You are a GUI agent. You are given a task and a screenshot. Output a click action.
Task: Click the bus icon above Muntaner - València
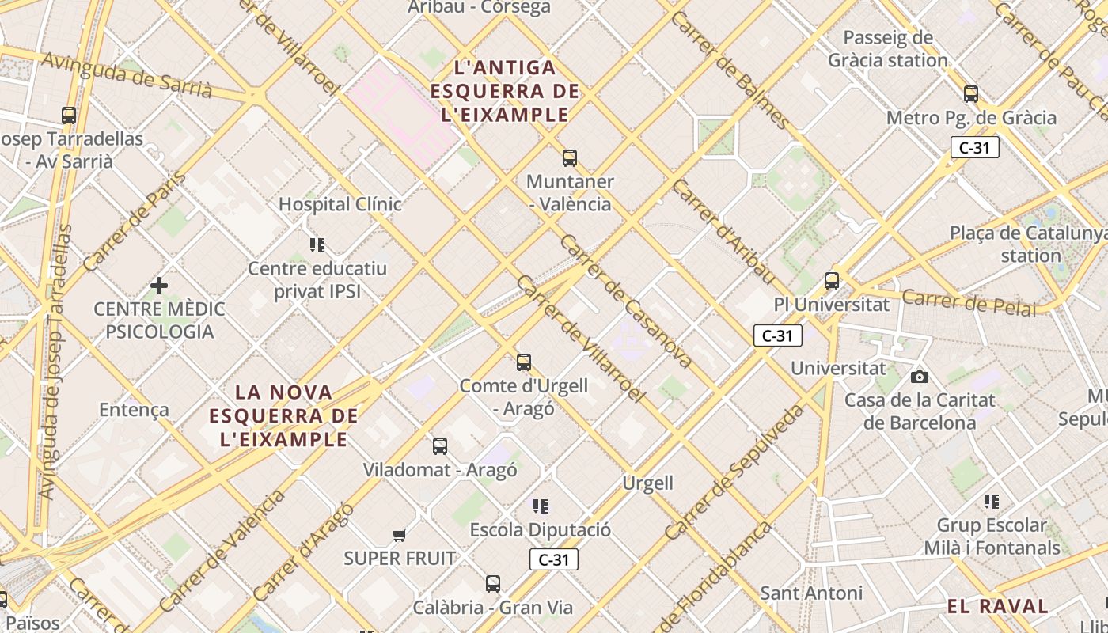pos(569,158)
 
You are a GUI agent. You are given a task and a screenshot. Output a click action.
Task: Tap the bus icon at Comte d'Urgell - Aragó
pos(523,362)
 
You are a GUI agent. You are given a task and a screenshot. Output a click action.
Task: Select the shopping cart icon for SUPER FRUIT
pos(400,536)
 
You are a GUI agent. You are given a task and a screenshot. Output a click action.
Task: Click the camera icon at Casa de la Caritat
pos(919,377)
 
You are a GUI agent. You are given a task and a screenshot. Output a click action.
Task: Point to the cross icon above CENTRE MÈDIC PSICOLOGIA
pos(159,285)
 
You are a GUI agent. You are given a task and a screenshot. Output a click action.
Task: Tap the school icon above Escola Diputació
pos(541,506)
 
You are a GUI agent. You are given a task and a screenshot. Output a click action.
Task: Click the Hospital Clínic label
pos(340,204)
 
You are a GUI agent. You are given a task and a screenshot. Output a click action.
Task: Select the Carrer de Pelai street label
pos(968,303)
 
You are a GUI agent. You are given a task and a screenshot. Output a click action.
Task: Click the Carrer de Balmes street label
pos(729,70)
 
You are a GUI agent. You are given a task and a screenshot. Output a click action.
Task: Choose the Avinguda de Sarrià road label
pos(127,76)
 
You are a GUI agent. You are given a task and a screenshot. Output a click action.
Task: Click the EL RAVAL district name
pos(997,607)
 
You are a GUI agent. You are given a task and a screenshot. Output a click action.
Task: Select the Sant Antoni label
pos(810,593)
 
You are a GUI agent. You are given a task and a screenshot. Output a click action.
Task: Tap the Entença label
pos(134,409)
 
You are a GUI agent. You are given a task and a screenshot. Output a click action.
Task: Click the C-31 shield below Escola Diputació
pos(553,560)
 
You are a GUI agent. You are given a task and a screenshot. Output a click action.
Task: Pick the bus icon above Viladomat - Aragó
pos(440,446)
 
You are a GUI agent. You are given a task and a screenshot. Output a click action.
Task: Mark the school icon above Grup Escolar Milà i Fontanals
pos(991,502)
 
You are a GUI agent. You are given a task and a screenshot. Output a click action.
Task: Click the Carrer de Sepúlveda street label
pos(734,472)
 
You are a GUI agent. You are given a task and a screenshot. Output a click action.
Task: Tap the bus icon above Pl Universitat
pos(831,281)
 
